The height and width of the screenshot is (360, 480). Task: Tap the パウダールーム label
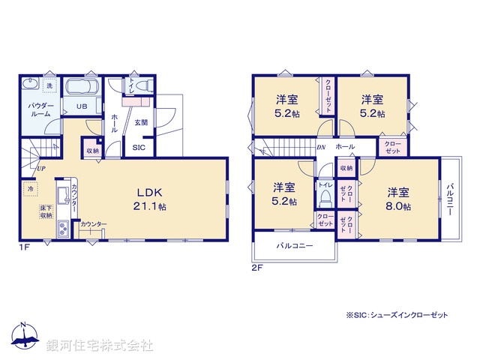coord(40,111)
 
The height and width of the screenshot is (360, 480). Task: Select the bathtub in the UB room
coord(83,87)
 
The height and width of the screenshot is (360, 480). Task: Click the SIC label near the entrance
coord(139,148)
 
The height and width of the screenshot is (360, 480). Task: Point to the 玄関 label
coord(141,121)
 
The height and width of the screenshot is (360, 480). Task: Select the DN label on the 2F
coord(321,147)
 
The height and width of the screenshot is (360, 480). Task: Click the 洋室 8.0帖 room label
coord(398,196)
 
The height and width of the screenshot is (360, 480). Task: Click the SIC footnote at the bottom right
coord(397,316)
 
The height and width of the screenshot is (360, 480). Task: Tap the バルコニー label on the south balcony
coord(294,246)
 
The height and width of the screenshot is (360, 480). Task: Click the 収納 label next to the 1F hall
coord(91,150)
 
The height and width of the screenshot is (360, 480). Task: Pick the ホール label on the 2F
coord(346,146)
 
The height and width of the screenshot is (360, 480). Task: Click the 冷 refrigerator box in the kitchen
coord(32,190)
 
